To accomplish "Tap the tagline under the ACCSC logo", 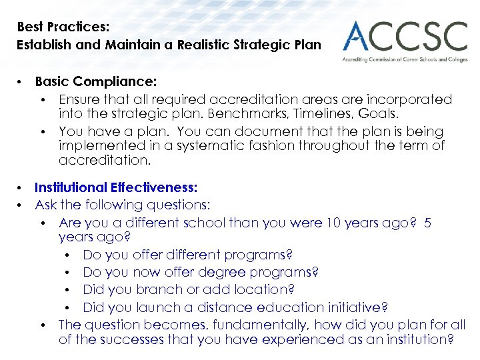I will [x=405, y=59].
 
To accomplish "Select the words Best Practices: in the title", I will [x=63, y=27].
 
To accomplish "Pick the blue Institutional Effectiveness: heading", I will [x=116, y=189].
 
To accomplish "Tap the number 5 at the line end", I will [x=427, y=222].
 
